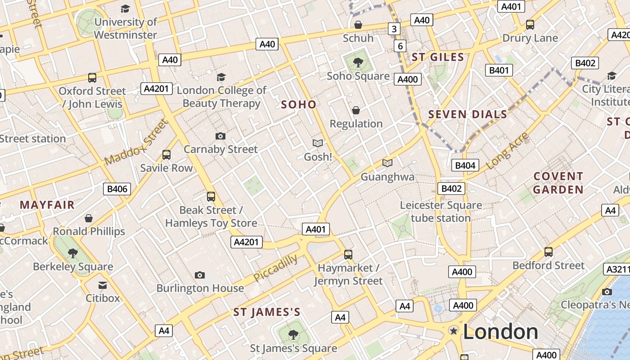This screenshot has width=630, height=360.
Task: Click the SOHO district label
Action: point(299,104)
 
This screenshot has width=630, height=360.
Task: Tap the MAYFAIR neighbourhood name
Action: point(47,205)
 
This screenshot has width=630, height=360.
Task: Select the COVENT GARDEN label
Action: point(558,183)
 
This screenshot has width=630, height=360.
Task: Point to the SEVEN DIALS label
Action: point(468,114)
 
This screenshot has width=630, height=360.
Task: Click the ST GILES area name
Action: point(438,57)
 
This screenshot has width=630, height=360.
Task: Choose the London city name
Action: point(500,332)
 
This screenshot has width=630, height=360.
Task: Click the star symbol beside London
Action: point(454,331)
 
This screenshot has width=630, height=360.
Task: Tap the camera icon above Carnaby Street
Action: point(220,136)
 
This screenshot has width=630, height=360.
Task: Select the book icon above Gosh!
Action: point(318,144)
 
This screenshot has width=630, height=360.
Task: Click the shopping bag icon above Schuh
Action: point(358,25)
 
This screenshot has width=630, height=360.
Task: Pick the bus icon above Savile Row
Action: point(166,155)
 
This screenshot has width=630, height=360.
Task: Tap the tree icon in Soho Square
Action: point(358,63)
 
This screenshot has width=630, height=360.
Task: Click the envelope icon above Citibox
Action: point(103,285)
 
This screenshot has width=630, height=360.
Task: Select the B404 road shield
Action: point(465,165)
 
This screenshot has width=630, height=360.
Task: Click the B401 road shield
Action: point(499,70)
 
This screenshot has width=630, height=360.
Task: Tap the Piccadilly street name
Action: point(275,268)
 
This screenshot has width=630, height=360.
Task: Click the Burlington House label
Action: point(200,288)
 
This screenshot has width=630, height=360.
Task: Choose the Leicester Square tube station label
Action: point(441,211)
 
